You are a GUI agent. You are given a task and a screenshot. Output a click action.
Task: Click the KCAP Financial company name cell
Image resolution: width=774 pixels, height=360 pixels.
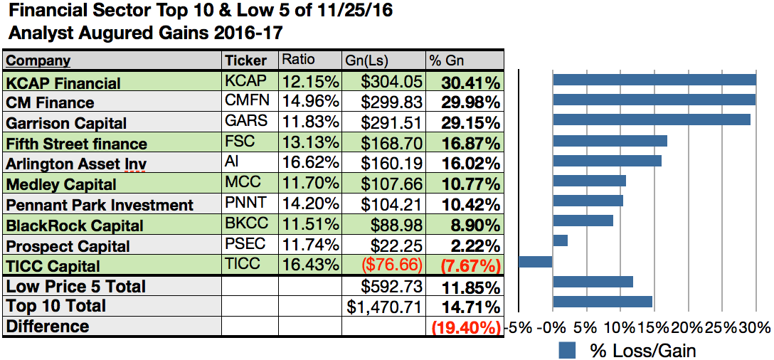pyautogui.click(x=63, y=83)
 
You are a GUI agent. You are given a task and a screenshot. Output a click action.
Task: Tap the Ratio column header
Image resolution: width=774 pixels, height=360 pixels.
pyautogui.click(x=299, y=59)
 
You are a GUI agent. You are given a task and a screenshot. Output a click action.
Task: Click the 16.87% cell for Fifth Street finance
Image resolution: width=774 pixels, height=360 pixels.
pyautogui.click(x=470, y=143)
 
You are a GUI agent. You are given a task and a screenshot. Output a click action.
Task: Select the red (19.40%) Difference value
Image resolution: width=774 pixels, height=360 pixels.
pyautogui.click(x=466, y=327)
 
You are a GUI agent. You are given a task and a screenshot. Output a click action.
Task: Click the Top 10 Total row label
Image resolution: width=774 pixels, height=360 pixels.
pyautogui.click(x=56, y=307)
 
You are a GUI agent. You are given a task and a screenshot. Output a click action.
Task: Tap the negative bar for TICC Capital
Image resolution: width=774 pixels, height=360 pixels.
pyautogui.click(x=535, y=261)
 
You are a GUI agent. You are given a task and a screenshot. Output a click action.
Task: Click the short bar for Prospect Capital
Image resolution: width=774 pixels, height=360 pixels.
pyautogui.click(x=560, y=240)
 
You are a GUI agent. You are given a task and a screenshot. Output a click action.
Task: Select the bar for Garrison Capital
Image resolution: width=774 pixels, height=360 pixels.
pyautogui.click(x=651, y=120)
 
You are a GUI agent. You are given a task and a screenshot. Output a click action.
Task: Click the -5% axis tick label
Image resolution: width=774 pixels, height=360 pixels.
pyautogui.click(x=517, y=328)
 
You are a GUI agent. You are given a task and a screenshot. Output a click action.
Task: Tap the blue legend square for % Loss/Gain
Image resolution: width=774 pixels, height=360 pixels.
pyautogui.click(x=567, y=350)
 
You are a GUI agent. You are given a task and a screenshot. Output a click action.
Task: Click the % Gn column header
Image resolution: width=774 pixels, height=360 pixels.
pyautogui.click(x=444, y=59)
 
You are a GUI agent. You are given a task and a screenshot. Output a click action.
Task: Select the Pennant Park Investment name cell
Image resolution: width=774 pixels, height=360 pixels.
pyautogui.click(x=100, y=205)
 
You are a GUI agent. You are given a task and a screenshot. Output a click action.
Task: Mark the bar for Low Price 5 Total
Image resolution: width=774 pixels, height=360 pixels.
pyautogui.click(x=593, y=282)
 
